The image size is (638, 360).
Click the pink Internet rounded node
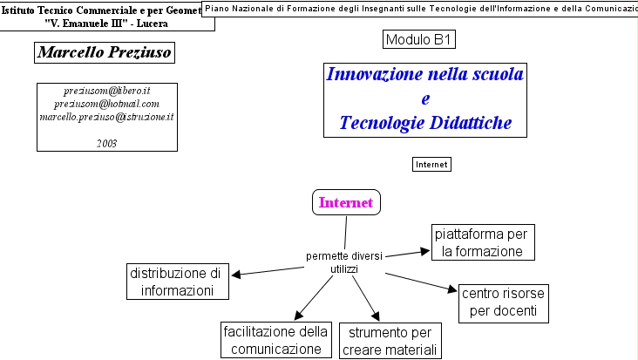tap(346, 202)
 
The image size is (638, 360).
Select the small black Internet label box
tap(431, 164)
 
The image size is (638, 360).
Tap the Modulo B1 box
tap(419, 39)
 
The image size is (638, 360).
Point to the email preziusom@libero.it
tap(107, 91)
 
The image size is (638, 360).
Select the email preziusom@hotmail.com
tap(107, 104)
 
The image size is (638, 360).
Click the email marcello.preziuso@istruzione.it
tap(107, 116)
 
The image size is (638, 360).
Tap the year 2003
tap(107, 142)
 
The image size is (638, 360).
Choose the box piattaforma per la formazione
tap(482, 243)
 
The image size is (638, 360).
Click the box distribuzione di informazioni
tap(178, 282)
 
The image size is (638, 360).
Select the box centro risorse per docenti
tap(505, 302)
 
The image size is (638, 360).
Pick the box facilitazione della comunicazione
tap(275, 341)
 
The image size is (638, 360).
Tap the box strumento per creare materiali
tap(390, 341)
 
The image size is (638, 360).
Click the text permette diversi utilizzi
tap(343, 262)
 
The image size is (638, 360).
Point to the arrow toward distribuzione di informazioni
tap(267, 271)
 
